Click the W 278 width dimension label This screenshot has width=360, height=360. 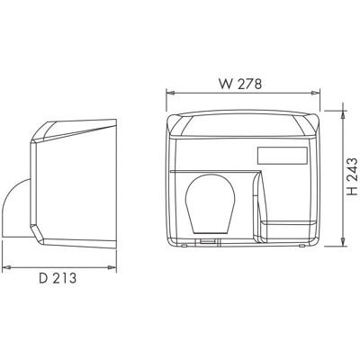[240, 85]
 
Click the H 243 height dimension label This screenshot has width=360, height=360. [352, 176]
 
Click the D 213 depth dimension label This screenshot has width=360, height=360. [58, 278]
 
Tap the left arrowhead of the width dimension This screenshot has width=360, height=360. [170, 94]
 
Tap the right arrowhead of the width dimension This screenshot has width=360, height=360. [316, 94]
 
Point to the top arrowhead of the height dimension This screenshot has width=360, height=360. [343, 115]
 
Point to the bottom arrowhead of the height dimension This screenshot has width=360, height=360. [343, 242]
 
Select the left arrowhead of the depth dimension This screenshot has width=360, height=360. [6, 267]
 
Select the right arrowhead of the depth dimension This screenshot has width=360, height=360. [112, 267]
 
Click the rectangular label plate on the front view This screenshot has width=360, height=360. [282, 156]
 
